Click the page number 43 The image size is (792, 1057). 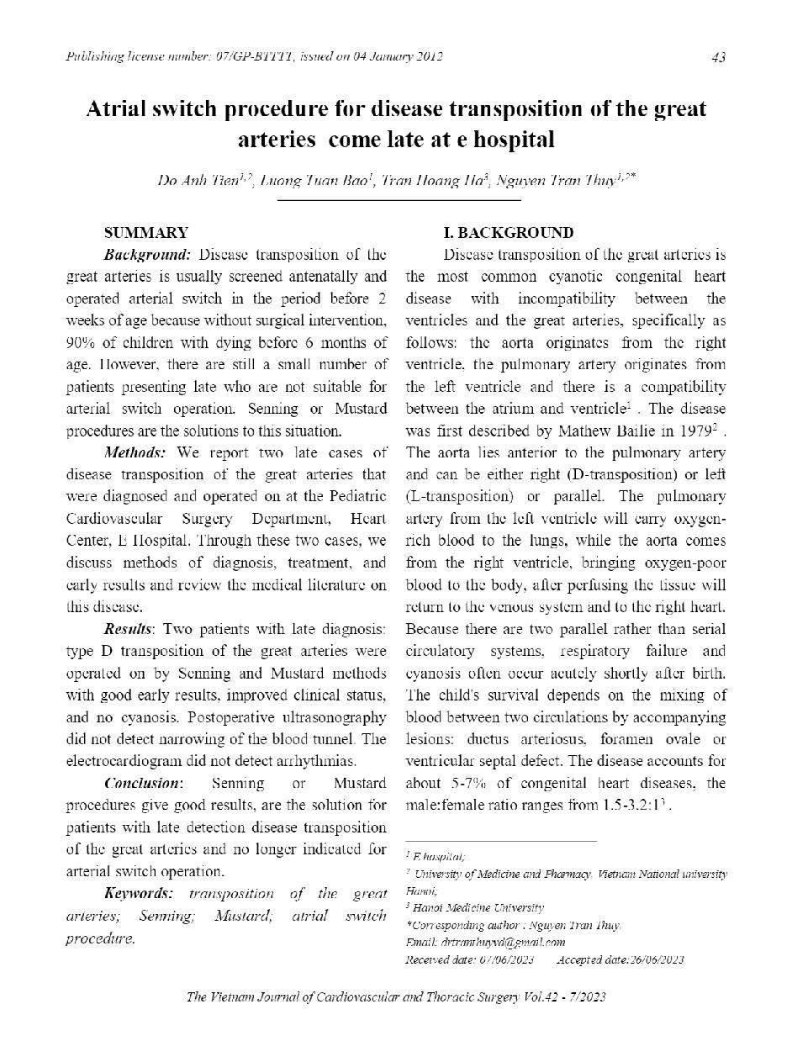tap(718, 57)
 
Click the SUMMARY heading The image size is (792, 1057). tap(145, 233)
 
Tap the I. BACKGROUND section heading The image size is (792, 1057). tap(508, 233)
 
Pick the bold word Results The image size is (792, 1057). tap(128, 629)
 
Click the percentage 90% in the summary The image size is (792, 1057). tap(82, 342)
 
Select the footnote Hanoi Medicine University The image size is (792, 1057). tap(478, 907)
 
